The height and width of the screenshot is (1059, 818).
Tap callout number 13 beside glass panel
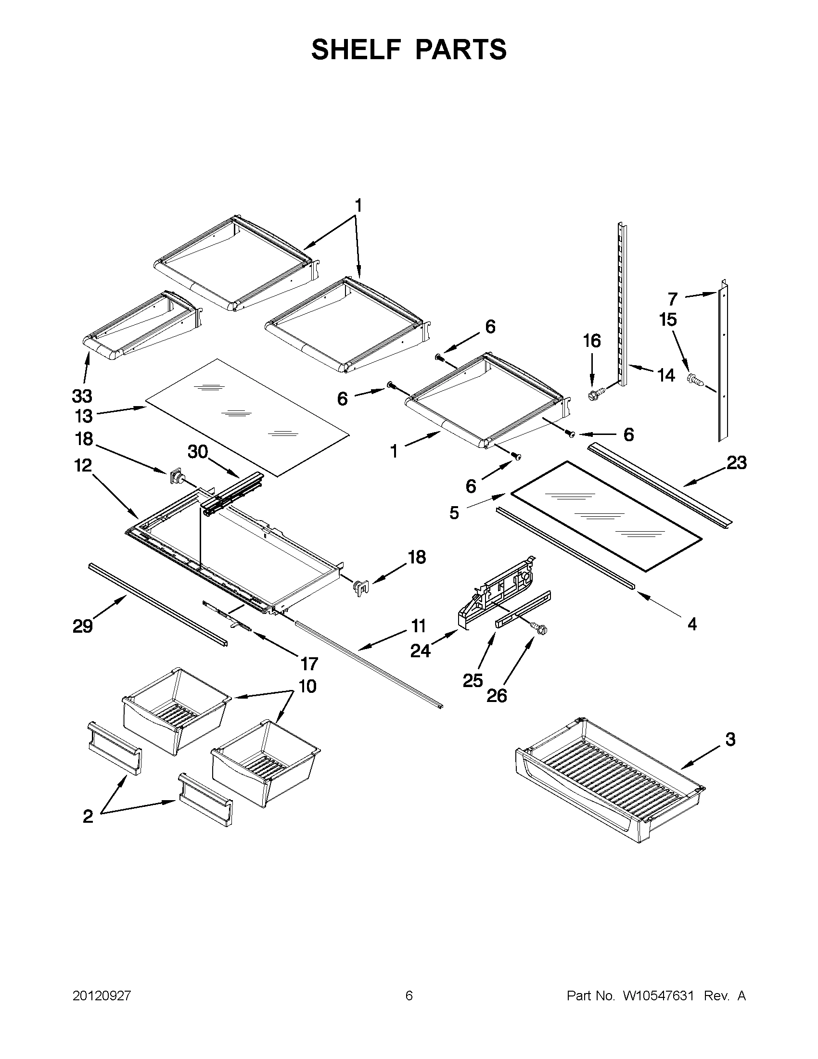pos(83,416)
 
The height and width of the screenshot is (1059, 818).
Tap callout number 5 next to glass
pos(454,512)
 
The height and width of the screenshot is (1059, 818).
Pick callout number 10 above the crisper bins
pos(307,686)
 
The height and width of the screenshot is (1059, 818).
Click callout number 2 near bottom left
pos(88,816)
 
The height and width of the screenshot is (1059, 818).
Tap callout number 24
pos(420,651)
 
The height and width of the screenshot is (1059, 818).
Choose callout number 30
pos(198,452)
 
